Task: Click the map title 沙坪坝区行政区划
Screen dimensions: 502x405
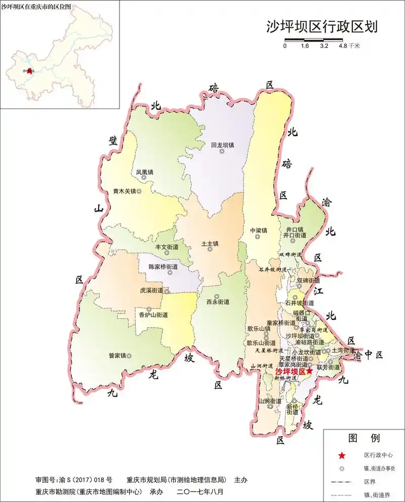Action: [322, 26]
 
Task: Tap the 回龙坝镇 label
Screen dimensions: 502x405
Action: [222, 145]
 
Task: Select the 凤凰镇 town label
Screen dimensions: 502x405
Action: [144, 172]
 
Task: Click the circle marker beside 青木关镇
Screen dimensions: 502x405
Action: [139, 192]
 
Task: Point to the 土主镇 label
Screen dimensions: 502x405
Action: [210, 244]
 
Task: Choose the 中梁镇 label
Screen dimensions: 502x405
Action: [258, 230]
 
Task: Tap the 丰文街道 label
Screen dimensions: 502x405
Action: [167, 247]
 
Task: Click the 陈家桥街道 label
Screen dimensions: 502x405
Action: [163, 266]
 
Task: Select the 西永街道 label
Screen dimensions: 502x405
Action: [218, 302]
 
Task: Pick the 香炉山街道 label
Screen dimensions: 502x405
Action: [153, 315]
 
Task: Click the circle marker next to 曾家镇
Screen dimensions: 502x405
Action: [129, 356]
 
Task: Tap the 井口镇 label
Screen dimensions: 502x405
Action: [294, 229]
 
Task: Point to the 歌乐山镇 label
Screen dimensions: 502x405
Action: [259, 328]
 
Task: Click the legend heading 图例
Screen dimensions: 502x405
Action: [363, 438]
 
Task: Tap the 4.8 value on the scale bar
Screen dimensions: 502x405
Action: [342, 46]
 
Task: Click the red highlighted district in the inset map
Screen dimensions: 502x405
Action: [29, 71]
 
